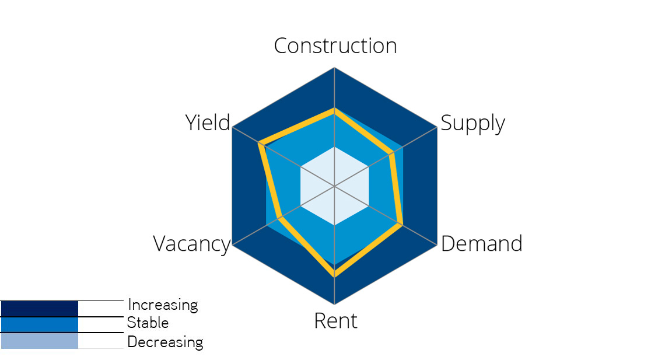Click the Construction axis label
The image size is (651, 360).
335,46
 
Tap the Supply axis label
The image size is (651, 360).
473,124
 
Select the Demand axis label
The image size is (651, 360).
481,244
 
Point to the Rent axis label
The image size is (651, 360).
335,321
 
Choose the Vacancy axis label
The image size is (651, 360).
192,244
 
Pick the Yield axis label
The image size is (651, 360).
208,123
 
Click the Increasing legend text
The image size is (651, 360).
163,305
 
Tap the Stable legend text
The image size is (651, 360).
148,323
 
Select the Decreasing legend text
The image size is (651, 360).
165,341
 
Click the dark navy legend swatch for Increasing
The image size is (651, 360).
39,308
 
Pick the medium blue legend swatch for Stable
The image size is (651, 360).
39,324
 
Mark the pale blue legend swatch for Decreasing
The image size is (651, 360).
39,341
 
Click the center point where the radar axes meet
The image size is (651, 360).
334,186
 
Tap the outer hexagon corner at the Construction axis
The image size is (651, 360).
334,68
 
